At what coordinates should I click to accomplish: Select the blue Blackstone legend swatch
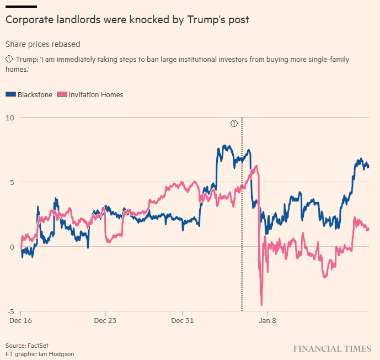tap(10, 94)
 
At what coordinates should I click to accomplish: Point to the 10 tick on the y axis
tap(10, 118)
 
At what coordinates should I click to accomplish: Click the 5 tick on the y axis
tap(12, 182)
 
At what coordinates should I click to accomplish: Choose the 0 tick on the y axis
tap(12, 247)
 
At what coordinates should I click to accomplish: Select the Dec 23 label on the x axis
tap(105, 320)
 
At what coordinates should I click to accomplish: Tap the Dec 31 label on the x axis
tap(183, 320)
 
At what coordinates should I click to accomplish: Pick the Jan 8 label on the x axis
tap(267, 320)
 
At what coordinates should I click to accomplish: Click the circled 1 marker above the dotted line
tap(234, 123)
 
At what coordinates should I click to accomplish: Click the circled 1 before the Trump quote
tap(9, 60)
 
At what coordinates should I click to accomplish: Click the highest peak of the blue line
tap(224, 146)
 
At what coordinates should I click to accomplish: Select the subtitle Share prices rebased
tap(42, 44)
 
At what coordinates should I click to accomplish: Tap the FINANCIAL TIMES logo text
tap(332, 349)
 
